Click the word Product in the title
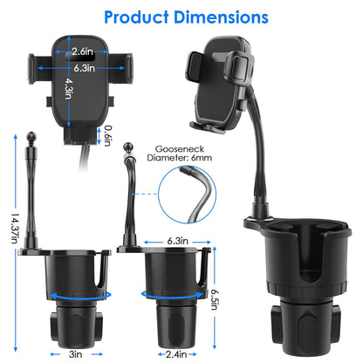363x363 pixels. tap(136, 17)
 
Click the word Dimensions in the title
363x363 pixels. tap(221, 17)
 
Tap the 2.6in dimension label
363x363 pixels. tap(82, 51)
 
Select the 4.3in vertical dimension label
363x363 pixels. tap(69, 88)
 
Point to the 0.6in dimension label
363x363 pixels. tap(108, 135)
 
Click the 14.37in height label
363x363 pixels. tap(15, 228)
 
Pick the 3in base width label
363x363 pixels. tap(76, 354)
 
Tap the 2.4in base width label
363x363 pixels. tap(176, 354)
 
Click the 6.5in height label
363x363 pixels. tap(215, 299)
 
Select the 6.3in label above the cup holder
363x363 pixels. tap(177, 241)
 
